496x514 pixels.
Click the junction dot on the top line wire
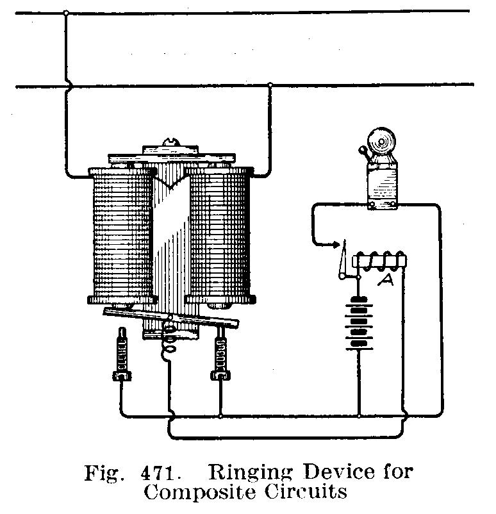click(x=66, y=12)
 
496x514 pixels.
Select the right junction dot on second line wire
click(x=270, y=85)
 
